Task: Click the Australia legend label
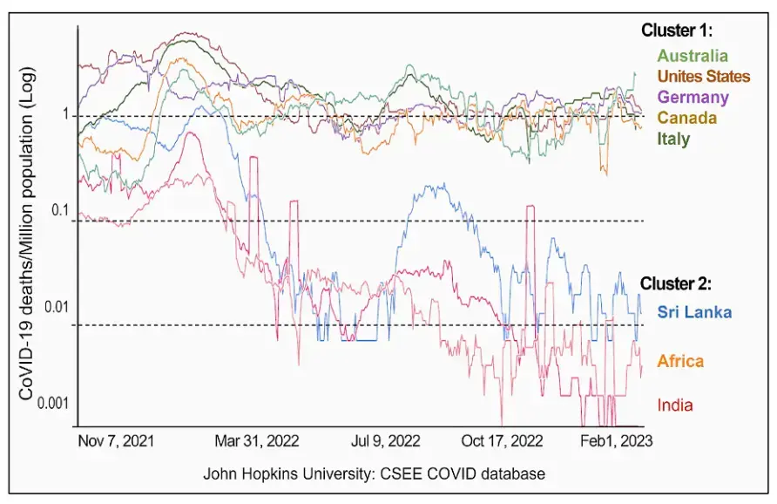(693, 57)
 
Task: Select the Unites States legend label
(703, 77)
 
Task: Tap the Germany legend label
(693, 97)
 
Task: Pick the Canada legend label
(687, 118)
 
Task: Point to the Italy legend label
(673, 139)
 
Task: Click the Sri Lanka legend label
(694, 312)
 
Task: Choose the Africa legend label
(680, 361)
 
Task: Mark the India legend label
(676, 405)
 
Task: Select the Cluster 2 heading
(677, 283)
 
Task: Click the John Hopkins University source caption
(374, 474)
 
